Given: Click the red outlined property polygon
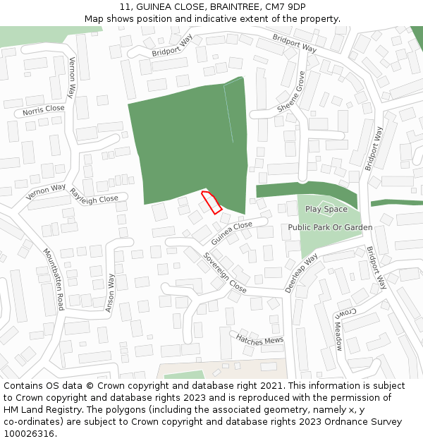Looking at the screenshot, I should (x=211, y=202).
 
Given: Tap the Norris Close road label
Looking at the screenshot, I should (x=43, y=110).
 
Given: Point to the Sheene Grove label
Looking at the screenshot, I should (x=290, y=91).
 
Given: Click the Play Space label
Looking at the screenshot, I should (x=326, y=209).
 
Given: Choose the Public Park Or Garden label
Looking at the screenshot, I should (x=330, y=227).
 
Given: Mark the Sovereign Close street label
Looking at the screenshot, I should (x=225, y=272).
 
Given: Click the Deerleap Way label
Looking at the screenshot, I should (x=301, y=274).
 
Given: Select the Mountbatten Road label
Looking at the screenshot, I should (x=53, y=279).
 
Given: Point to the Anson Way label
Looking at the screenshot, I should (x=109, y=293).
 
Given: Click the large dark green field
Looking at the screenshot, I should (x=190, y=141).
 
